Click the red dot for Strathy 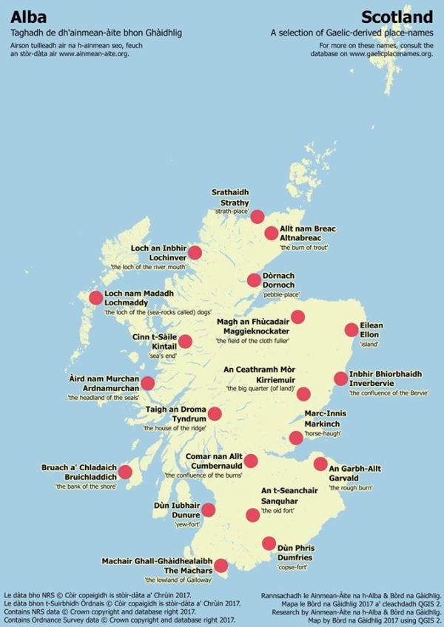coord(257,217)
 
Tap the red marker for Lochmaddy coord(95,298)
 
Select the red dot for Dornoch coord(253,279)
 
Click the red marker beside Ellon coord(351,330)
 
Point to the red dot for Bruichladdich coord(125,472)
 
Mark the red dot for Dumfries coord(269,543)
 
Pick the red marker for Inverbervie coord(340,379)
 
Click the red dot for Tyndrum coord(215,414)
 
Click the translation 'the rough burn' coord(352,488)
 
